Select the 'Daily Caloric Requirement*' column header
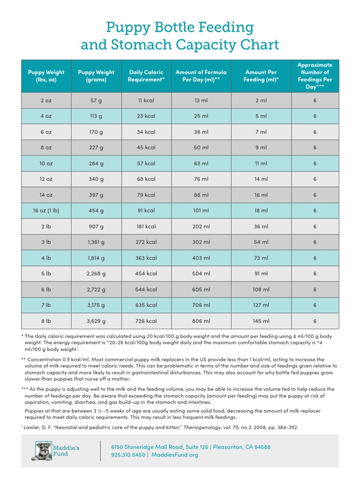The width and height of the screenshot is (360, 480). [x=146, y=76]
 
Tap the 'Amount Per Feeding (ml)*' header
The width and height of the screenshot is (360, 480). [x=261, y=76]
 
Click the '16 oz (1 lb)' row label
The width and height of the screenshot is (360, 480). [x=46, y=210]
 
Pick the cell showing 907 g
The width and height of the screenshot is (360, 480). [x=96, y=226]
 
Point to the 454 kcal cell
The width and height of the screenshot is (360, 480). [x=146, y=274]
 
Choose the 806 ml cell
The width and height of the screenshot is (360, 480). [x=201, y=321]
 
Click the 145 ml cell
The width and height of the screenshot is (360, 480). [x=261, y=321]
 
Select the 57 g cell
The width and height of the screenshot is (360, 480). [x=96, y=100]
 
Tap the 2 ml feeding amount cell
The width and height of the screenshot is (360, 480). [x=261, y=100]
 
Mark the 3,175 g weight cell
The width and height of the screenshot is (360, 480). [x=96, y=305]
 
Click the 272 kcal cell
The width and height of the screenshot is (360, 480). [x=146, y=242]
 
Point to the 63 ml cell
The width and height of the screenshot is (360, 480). [x=201, y=164]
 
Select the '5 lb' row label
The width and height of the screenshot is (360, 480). [x=46, y=274]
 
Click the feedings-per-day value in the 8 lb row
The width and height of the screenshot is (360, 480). [x=315, y=321]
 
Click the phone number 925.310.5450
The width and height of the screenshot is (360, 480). [x=127, y=455]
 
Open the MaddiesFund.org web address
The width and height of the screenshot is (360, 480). [x=175, y=455]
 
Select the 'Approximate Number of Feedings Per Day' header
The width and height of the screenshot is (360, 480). [x=315, y=76]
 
